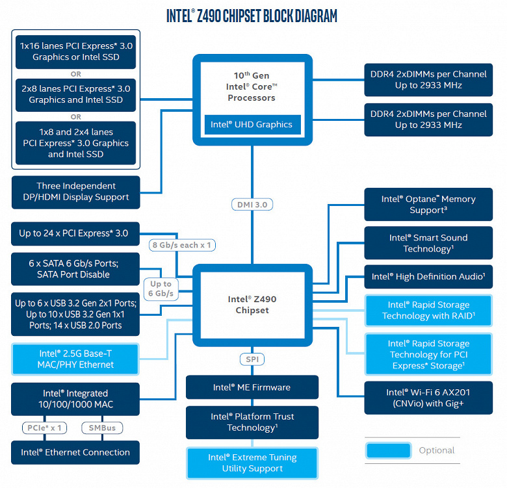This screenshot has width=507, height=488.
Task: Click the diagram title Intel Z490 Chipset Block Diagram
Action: click(252, 16)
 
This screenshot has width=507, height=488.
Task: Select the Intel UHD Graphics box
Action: click(252, 124)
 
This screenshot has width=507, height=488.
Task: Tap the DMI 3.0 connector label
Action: click(252, 204)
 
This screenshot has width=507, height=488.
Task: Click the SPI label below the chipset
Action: click(252, 359)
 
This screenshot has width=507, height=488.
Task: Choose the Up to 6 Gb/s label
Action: click(161, 289)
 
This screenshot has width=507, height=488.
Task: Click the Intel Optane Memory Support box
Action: click(428, 205)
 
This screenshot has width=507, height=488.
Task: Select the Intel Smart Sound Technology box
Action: click(428, 243)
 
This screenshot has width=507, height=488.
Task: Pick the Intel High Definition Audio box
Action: click(428, 277)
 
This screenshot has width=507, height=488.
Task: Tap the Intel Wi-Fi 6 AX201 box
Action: click(428, 398)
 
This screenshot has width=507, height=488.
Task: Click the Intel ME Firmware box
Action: click(252, 387)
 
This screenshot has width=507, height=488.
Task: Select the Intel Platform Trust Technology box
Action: click(252, 422)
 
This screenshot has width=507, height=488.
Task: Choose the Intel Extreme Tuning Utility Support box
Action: click(252, 463)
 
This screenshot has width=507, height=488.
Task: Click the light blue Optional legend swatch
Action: click(388, 450)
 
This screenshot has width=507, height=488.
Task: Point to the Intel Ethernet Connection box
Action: click(75, 452)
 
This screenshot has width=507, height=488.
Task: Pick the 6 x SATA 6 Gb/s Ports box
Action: click(75, 269)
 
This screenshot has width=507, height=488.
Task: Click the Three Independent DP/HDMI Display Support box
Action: click(75, 192)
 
